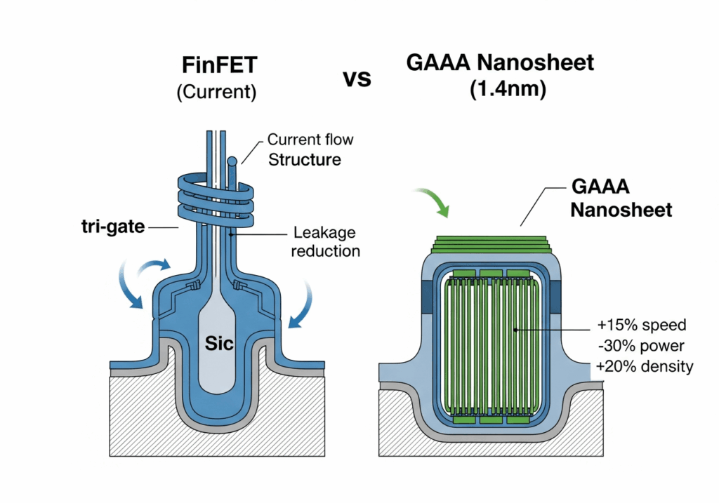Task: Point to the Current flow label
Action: coord(311,140)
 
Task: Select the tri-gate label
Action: coord(112,227)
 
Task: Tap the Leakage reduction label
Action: coord(326,241)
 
